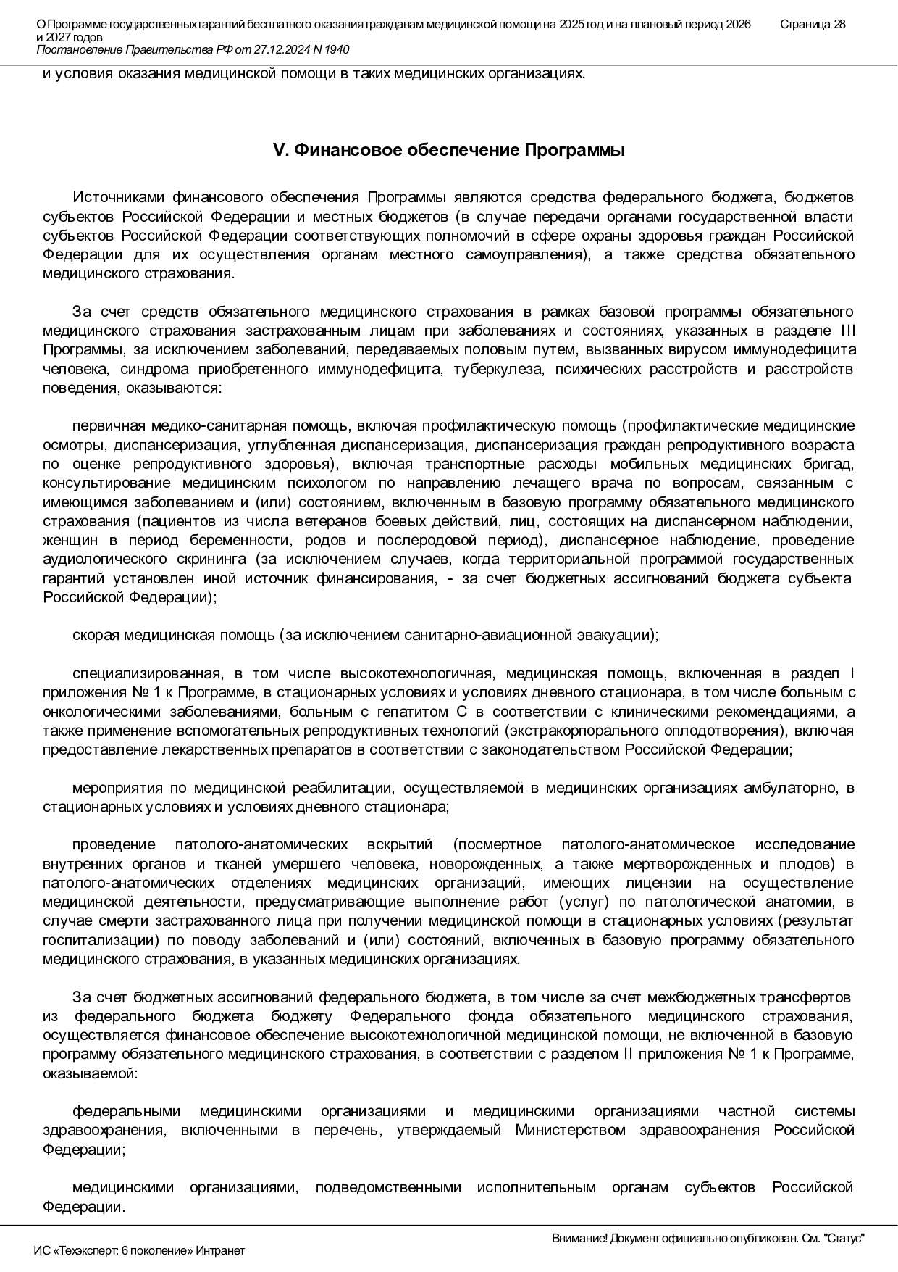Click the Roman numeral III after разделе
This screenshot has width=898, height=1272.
tap(846, 331)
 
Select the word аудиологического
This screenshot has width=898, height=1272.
tap(105, 559)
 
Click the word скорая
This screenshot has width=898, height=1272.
tap(96, 636)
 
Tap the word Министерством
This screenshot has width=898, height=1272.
tap(570, 1130)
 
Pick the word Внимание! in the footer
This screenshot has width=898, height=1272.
tap(579, 1239)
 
